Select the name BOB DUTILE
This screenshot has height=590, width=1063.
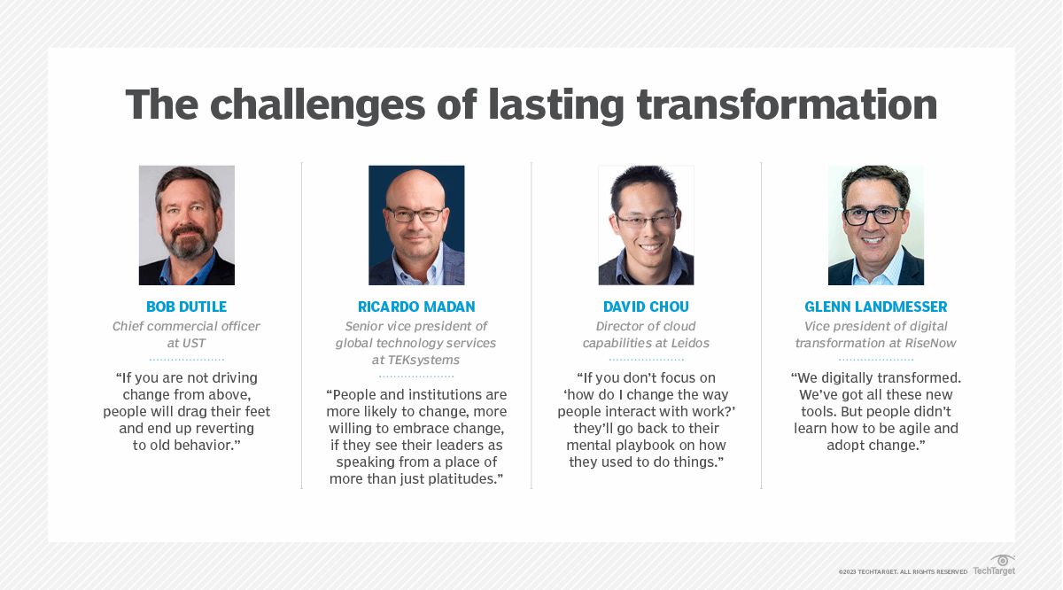click(187, 307)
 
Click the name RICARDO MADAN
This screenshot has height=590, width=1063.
click(416, 307)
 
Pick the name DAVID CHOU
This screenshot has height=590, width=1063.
click(646, 307)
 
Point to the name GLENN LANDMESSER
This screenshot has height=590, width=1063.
click(875, 307)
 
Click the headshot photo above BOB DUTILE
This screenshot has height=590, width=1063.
click(187, 225)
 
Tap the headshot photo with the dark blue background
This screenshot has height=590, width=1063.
click(416, 225)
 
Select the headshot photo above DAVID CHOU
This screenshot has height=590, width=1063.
click(646, 225)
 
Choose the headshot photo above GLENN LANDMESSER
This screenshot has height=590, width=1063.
click(875, 225)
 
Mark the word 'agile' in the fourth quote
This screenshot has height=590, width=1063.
click(918, 428)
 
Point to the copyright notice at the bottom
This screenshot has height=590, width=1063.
click(903, 571)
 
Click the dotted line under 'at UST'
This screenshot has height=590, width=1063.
click(187, 360)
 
